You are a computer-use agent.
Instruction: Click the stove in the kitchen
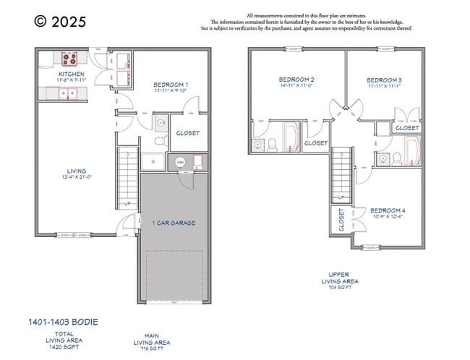[x=70, y=59]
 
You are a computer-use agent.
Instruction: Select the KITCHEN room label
[x=72, y=74]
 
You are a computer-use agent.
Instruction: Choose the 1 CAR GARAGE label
[x=174, y=223]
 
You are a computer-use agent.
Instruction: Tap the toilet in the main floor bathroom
[x=161, y=140]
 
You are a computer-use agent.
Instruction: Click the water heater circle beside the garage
[x=180, y=163]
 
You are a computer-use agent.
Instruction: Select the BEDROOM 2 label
[x=296, y=79]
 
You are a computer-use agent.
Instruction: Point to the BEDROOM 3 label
[x=384, y=80]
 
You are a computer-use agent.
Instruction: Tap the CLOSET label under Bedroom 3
[x=407, y=128]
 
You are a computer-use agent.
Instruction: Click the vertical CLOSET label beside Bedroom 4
[x=341, y=220]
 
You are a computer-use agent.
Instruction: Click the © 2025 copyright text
[x=60, y=22]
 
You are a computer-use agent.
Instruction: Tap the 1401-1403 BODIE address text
[x=64, y=321]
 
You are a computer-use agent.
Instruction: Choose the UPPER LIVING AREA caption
[x=338, y=279]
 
